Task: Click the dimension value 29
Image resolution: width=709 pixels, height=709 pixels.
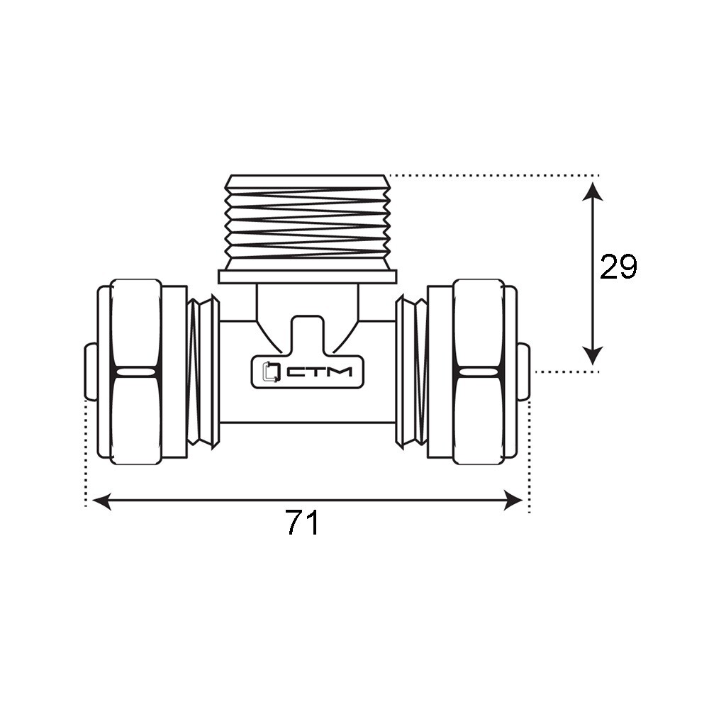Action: pos(618,267)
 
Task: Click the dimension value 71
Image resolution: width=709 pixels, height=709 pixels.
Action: pos(303,523)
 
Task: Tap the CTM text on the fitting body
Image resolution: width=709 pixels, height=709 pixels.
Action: pos(320,372)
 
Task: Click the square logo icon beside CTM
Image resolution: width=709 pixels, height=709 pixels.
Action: pos(272,372)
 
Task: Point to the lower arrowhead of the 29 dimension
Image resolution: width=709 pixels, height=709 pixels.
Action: pos(592,355)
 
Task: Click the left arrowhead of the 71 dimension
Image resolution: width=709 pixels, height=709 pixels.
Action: pos(101,501)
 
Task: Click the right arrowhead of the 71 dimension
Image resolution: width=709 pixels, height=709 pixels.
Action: pos(513,501)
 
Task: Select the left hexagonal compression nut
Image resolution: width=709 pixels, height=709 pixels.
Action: pos(135,372)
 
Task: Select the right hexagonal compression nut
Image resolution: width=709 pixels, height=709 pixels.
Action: pos(479,372)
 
